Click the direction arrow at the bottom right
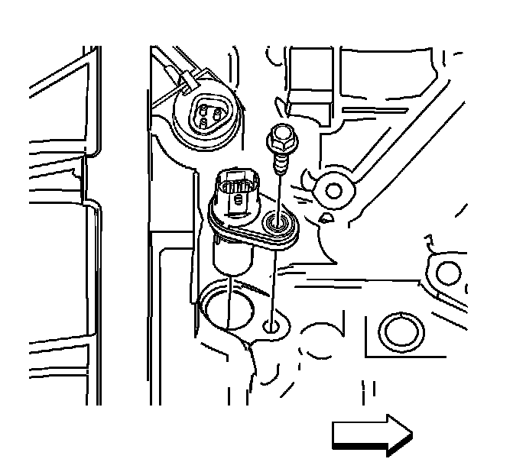tap(372, 435)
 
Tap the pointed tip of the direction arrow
tap(412, 435)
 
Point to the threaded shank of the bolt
tap(281, 163)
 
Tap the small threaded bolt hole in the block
tap(272, 327)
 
